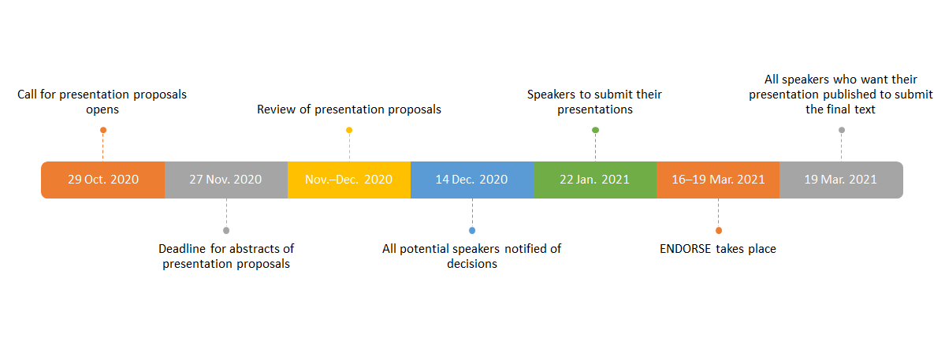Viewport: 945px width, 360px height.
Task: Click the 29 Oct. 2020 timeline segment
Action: (x=103, y=180)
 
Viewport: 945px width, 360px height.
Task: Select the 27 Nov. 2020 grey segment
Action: (x=226, y=180)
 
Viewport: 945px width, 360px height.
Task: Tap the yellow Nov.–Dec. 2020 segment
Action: (x=349, y=180)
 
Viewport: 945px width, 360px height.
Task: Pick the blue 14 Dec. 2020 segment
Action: (x=472, y=180)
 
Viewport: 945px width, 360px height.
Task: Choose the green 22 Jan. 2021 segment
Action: (x=595, y=180)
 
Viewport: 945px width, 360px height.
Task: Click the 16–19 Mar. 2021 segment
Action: (x=718, y=180)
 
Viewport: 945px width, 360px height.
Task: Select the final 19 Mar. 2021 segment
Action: (x=841, y=180)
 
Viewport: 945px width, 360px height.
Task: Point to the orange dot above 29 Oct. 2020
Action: (x=103, y=130)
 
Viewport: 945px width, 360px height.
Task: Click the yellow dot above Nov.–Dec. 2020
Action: (x=349, y=130)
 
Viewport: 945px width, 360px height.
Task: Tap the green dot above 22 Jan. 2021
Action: (x=595, y=130)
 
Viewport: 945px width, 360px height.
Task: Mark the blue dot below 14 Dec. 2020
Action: (x=472, y=231)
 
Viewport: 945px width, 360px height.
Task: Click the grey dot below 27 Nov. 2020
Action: (x=226, y=231)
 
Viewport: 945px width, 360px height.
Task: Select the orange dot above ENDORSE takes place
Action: (x=718, y=231)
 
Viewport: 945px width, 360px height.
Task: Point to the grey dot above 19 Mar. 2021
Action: (x=841, y=130)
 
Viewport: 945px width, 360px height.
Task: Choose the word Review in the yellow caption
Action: (x=275, y=109)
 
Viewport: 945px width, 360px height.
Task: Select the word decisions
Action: (x=472, y=264)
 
